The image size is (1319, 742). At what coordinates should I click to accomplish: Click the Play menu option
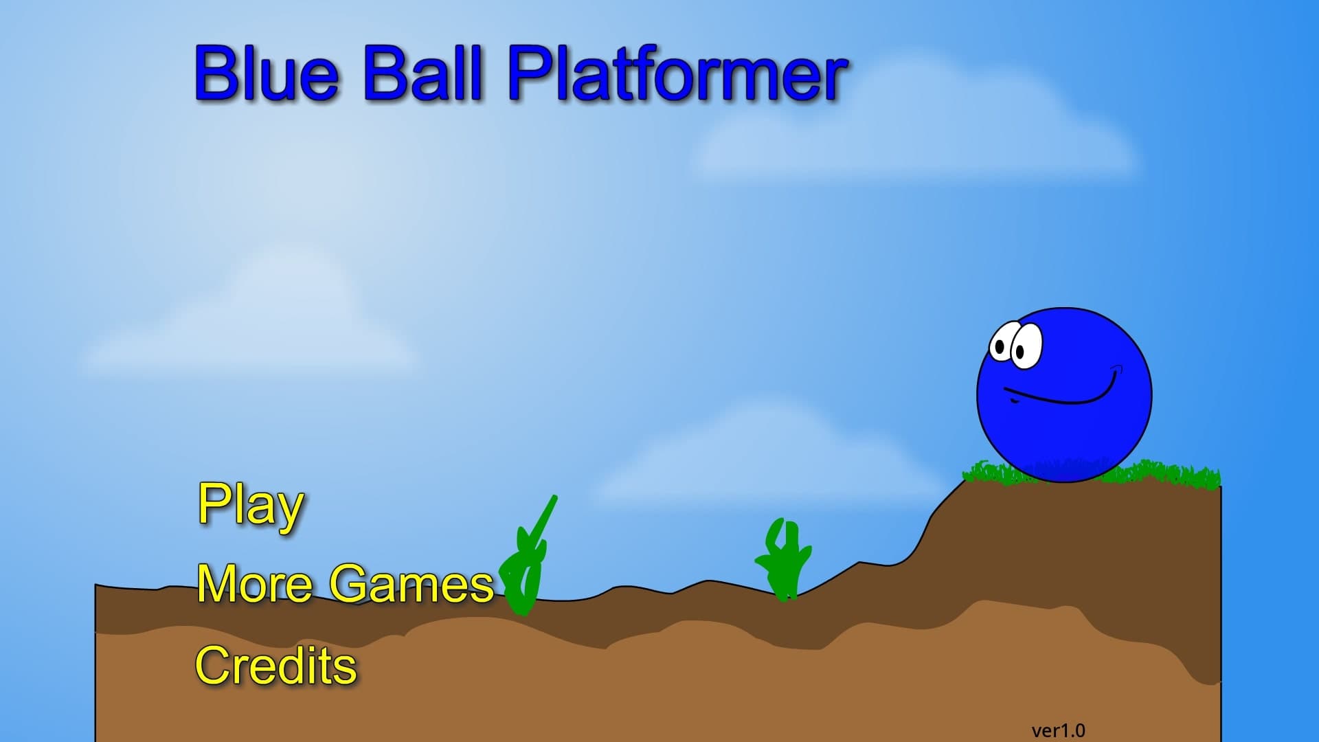pyautogui.click(x=251, y=506)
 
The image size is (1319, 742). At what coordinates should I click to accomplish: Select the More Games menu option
pyautogui.click(x=346, y=584)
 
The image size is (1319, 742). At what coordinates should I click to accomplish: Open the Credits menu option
pyautogui.click(x=276, y=665)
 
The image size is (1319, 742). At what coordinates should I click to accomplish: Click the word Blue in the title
pyautogui.click(x=267, y=72)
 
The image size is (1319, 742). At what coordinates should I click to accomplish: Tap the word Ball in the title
pyautogui.click(x=424, y=72)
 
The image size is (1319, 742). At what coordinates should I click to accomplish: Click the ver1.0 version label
pyautogui.click(x=1058, y=730)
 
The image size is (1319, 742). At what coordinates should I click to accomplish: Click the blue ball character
pyautogui.click(x=1064, y=395)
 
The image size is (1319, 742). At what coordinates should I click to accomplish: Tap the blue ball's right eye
pyautogui.click(x=1025, y=347)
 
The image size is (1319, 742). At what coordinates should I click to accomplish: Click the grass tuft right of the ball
pyautogui.click(x=1168, y=474)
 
